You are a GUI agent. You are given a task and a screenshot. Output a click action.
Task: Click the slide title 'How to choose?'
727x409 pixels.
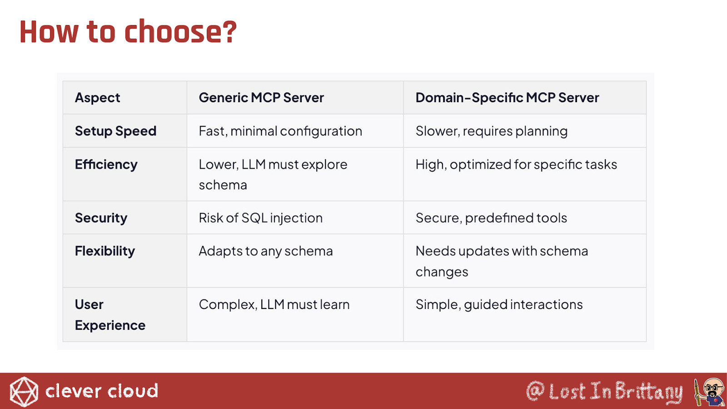(128, 32)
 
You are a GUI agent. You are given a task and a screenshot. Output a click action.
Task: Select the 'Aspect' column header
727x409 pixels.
(97, 97)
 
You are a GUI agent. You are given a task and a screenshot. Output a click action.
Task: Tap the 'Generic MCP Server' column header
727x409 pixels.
(261, 97)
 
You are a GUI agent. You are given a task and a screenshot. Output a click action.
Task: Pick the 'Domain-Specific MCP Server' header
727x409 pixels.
(507, 97)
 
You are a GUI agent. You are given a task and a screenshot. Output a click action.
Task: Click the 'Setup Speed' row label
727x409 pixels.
(115, 131)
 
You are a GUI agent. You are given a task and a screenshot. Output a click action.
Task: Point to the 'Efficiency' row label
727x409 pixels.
(106, 165)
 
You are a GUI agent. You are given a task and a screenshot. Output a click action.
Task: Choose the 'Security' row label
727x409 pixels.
(101, 218)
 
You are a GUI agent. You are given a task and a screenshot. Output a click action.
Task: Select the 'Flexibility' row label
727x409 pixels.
(105, 251)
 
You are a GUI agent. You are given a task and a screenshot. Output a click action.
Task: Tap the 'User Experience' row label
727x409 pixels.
(110, 315)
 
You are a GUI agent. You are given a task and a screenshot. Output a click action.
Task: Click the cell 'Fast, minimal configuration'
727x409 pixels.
(280, 131)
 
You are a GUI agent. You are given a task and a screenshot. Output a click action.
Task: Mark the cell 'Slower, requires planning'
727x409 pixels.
(492, 131)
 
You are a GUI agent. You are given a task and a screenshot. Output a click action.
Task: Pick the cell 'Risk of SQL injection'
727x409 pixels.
(261, 218)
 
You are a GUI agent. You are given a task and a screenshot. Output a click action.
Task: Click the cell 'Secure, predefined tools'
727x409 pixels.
(491, 218)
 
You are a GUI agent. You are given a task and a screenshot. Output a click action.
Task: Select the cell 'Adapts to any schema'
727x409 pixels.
(266, 251)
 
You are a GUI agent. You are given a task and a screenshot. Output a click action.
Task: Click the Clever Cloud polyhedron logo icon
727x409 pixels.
(24, 391)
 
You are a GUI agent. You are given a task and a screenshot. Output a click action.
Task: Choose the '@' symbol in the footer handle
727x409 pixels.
(535, 391)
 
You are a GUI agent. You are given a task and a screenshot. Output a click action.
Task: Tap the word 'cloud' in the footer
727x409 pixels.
(133, 390)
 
